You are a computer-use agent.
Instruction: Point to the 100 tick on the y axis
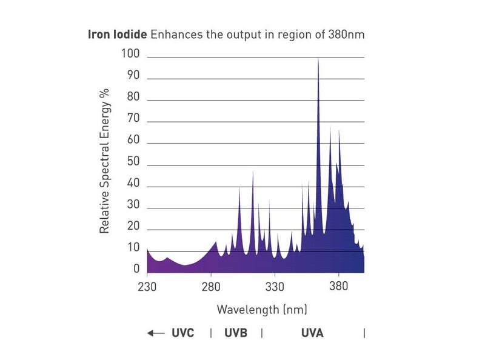[x=131, y=54]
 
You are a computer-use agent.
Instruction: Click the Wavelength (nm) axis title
[x=262, y=310]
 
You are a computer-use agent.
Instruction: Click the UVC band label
[x=182, y=333]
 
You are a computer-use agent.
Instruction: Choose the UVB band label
[x=236, y=333]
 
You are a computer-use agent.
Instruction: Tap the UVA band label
[x=312, y=333]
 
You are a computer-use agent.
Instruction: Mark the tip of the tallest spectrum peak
[x=318, y=58]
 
